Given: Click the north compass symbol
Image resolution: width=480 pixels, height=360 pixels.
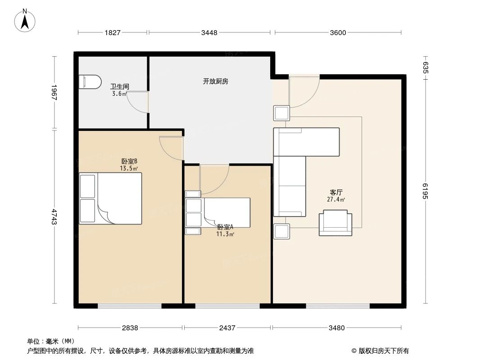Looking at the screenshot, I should click(26, 20).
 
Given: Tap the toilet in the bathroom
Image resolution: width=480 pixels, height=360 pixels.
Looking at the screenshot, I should click(89, 82).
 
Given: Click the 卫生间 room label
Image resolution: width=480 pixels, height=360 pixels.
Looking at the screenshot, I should click(120, 86).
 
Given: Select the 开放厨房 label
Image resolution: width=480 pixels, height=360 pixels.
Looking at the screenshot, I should click(215, 81).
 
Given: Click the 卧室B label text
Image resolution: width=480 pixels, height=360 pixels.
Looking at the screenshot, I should click(129, 161).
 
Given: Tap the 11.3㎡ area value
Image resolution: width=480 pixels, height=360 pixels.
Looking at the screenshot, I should click(225, 234).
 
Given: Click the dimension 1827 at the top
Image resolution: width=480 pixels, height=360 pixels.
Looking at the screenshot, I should click(113, 32).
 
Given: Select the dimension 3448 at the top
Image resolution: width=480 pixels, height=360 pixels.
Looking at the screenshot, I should click(209, 32).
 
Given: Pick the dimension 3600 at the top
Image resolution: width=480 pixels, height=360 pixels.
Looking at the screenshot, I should click(338, 32).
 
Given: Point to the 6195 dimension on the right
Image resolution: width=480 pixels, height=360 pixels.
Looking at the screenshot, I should click(425, 192).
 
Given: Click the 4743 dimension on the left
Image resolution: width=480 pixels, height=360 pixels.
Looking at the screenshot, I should click(54, 217).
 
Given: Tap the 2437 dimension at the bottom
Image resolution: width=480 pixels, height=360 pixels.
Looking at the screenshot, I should click(227, 328).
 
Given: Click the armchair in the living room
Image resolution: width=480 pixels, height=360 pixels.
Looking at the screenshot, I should click(335, 223).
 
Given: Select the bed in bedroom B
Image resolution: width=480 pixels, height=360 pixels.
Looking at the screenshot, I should click(111, 198).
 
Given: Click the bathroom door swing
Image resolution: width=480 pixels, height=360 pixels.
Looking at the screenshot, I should click(138, 102).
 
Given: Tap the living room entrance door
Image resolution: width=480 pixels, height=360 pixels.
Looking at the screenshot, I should click(304, 92).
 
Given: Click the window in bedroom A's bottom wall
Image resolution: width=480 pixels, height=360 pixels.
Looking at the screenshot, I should click(227, 306).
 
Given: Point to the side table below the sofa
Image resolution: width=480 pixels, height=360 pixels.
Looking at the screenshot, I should click(281, 231).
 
